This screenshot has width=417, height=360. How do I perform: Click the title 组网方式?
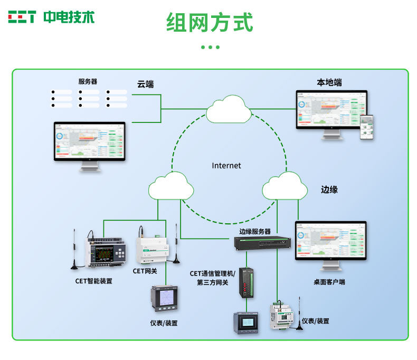coord(210,23)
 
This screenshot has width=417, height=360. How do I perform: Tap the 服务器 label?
coord(88,81)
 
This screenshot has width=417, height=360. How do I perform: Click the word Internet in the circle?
coord(226,165)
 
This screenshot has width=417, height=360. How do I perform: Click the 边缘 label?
coord(329,190)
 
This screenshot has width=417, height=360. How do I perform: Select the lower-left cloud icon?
coord(170,186)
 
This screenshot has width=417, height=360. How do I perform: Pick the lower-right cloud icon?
coord(285,186)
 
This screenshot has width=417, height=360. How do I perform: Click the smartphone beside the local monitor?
coord(367,127)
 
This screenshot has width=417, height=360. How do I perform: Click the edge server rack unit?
coord(263,243)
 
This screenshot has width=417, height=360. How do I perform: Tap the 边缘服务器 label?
coord(255,231)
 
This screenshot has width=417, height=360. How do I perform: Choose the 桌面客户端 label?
coord(329,282)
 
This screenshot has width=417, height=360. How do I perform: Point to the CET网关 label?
coord(145,271)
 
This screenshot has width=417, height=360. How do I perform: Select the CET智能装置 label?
coord(93,281)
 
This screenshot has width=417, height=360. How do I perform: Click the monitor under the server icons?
coord(90,145)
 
